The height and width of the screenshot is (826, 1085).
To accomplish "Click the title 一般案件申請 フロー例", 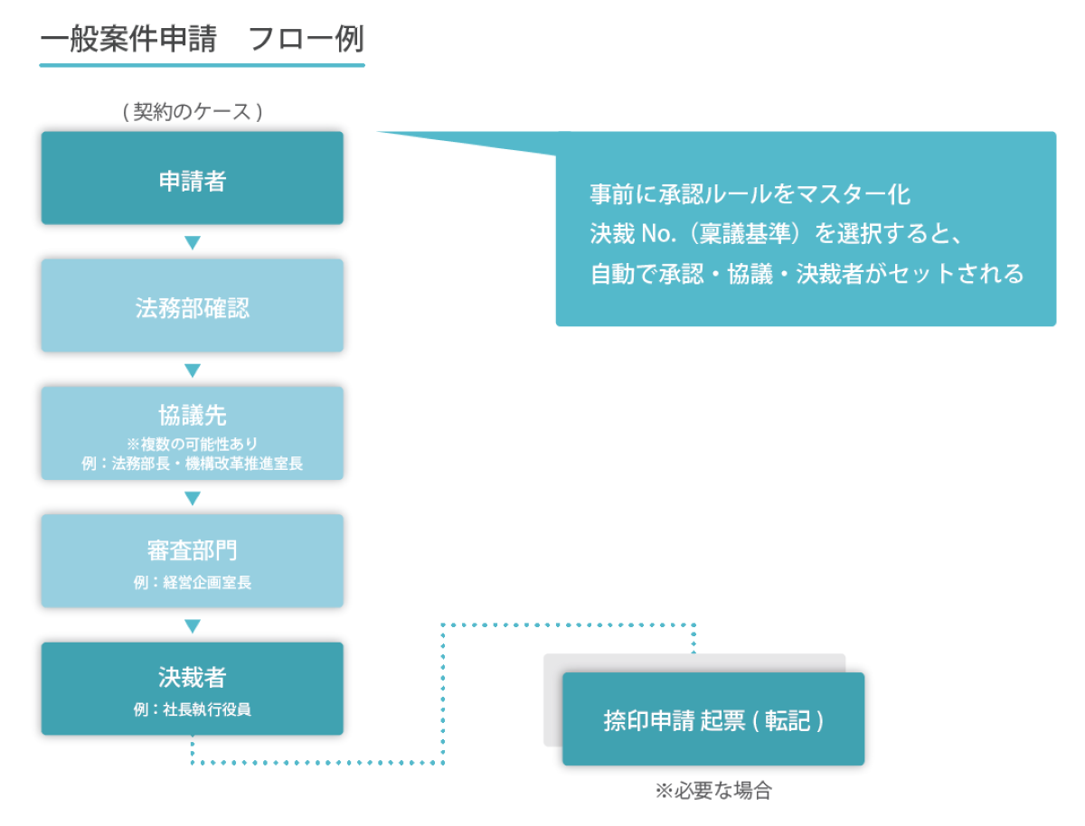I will tap(202, 40).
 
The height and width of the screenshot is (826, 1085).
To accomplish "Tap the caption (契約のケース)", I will tap(192, 112).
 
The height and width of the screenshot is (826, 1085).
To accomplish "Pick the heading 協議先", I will tap(192, 415).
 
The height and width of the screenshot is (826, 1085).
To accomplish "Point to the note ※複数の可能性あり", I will tap(192, 444).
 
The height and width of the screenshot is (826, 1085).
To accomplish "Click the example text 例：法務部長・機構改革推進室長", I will tap(192, 464).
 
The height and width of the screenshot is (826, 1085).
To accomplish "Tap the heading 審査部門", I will tap(192, 550).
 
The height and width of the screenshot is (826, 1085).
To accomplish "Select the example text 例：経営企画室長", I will tap(192, 583).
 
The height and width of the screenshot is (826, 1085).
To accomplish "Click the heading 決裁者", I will tap(192, 677).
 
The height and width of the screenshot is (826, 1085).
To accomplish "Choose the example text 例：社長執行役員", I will tap(192, 709).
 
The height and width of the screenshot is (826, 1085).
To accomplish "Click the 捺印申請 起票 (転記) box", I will tap(713, 720).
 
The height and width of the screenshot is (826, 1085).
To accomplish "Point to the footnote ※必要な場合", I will tap(713, 791).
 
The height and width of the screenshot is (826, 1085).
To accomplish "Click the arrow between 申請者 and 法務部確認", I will tap(192, 242).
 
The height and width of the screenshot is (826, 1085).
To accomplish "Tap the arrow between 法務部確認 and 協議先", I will tap(192, 371).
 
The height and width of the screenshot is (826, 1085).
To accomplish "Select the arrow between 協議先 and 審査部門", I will tap(192, 498).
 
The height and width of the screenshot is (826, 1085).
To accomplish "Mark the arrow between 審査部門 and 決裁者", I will tap(192, 625).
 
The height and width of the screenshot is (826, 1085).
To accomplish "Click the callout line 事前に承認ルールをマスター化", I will tap(750, 194).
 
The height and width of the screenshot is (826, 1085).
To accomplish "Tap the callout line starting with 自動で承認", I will tap(807, 274).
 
